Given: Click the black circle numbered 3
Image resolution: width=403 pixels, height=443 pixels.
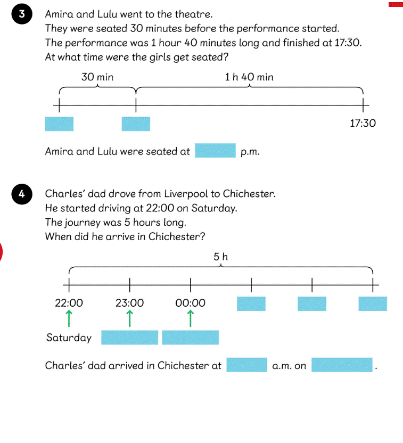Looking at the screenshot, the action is tap(22, 14).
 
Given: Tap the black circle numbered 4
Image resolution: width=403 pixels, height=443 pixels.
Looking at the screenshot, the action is tap(22, 194).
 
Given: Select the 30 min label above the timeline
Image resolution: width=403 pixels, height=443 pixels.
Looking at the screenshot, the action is tap(97, 77).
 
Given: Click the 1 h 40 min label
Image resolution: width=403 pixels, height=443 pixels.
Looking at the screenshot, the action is tap(249, 77).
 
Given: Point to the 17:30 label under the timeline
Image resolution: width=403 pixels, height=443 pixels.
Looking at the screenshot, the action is tap(363, 123).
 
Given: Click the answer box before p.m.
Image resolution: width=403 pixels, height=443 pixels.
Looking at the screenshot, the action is tap(215, 150).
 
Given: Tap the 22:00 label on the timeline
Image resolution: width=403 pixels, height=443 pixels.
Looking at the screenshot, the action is tap(69, 303).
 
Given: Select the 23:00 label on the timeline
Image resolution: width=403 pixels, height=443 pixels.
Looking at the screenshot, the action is tap(129, 303).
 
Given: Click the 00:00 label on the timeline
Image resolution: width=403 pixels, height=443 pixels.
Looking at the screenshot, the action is tap(191, 303).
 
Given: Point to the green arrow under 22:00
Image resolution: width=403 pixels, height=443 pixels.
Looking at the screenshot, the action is tap(69, 318).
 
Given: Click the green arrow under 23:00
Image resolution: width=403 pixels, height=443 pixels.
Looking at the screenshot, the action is tap(129, 318).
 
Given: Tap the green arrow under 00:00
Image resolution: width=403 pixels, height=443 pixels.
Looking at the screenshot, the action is tap(191, 318).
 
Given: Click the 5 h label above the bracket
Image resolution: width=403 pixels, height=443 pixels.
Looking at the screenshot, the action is tap(220, 257).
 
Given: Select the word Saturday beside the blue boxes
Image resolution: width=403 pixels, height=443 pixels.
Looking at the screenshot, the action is tap(69, 338).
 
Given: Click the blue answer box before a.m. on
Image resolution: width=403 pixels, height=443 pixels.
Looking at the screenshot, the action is tap(247, 365).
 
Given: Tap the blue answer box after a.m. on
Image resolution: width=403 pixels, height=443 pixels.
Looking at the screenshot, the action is tap(342, 365).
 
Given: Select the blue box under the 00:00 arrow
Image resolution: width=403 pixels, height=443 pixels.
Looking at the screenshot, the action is tap(191, 338).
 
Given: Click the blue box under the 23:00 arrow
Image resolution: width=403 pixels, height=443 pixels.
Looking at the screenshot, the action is tap(129, 338).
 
